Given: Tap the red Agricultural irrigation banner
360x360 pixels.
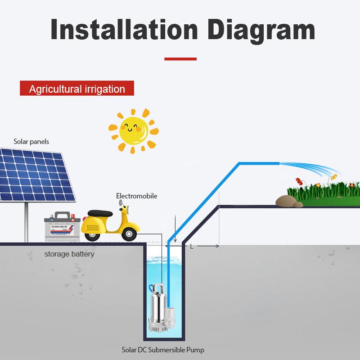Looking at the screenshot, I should [x=77, y=89].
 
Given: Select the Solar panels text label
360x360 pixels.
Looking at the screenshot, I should [x=31, y=142].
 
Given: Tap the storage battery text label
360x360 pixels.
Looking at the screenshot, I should [x=69, y=254].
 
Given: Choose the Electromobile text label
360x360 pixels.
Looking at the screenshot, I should [x=137, y=196].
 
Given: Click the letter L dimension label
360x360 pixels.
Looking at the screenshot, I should [x=192, y=246].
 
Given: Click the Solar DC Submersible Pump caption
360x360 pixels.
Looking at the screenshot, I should [x=166, y=349].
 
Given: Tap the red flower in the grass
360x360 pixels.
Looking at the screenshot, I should [x=297, y=182].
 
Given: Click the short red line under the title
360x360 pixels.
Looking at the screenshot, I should [x=180, y=58].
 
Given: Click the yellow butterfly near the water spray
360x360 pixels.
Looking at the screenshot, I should [x=333, y=177].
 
